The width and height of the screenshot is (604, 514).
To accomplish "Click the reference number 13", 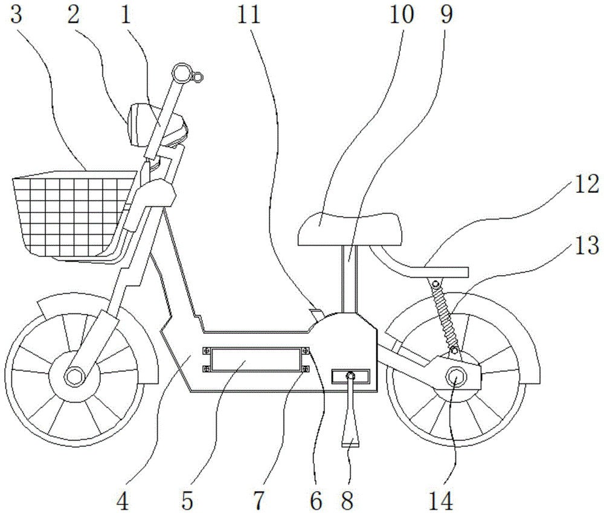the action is (x=586, y=246).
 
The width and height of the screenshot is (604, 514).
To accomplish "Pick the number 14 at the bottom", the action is (x=441, y=501).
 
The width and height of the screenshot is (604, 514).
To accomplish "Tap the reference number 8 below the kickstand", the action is (x=347, y=501).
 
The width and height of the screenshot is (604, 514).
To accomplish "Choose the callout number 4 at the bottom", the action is (x=123, y=501).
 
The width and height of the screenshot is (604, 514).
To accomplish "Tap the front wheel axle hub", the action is (x=73, y=375).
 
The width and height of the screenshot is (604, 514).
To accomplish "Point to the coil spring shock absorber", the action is (x=446, y=317).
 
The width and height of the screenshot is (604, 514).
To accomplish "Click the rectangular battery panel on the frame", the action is (x=255, y=359).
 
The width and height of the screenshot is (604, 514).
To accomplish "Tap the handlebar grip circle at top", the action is (x=181, y=73).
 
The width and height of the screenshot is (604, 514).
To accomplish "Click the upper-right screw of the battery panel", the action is (x=306, y=350).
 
